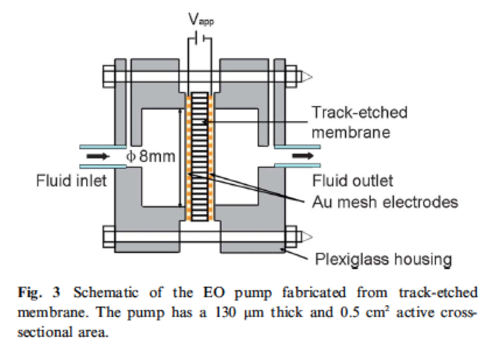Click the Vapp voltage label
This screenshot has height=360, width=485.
click(x=201, y=20)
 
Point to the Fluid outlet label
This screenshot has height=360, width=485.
click(x=352, y=181)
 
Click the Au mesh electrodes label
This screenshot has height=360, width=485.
click(x=385, y=202)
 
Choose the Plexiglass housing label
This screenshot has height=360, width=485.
click(x=383, y=259)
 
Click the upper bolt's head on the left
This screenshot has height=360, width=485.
click(x=108, y=75)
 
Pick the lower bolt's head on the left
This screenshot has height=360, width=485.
click(x=108, y=235)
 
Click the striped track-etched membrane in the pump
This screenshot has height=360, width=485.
click(x=200, y=156)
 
